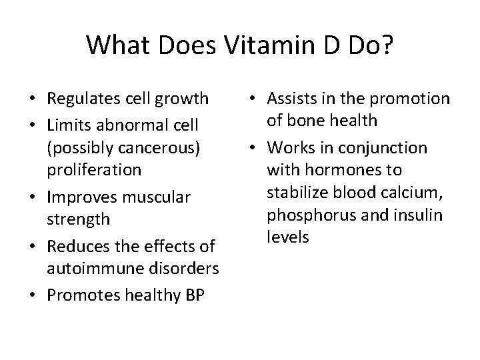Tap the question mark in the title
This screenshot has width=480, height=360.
coord(387,45)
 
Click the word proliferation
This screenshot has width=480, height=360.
coord(93,169)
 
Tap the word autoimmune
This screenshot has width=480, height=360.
coord(91,269)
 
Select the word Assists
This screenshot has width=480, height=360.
coord(291,99)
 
